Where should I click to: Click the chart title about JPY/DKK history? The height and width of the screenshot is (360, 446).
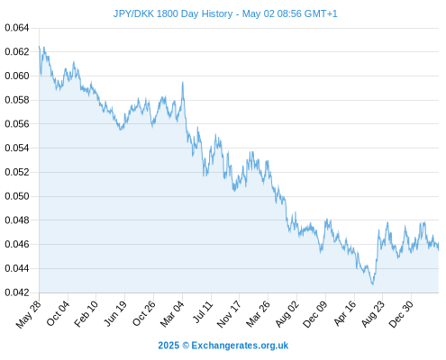225,13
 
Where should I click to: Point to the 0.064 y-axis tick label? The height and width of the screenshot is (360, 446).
17,28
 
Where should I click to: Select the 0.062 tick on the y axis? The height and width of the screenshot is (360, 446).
17,52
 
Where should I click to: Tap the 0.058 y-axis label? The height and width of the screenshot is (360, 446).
17,100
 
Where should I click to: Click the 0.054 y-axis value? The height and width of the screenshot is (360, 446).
17,148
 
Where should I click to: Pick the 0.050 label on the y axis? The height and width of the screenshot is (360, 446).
17,196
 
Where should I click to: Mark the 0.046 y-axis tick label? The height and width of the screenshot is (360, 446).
17,244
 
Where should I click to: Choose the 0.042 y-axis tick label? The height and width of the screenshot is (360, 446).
17,292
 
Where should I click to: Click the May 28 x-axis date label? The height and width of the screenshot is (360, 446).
28,314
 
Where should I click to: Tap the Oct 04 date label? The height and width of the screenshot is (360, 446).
58,313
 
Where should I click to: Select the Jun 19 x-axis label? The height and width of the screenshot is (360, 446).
115,313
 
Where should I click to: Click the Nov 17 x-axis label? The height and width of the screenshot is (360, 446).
229,314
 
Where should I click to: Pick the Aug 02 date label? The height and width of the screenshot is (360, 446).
287,314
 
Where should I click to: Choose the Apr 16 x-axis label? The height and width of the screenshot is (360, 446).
345,313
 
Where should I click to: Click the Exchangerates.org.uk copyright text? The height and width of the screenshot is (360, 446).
223,346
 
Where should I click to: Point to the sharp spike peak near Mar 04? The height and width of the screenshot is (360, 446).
183,82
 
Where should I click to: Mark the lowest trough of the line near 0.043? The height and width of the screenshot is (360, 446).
373,283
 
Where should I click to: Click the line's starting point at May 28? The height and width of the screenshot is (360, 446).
39,46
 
